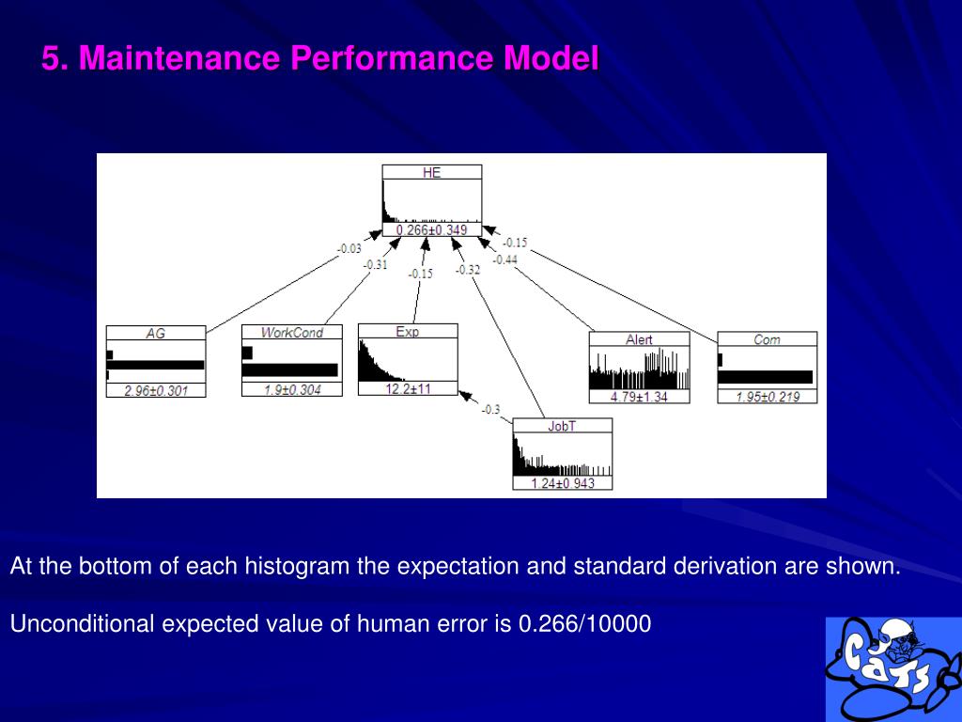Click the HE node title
431,173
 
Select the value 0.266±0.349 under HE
431,230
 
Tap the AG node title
155,333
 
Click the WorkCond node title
292,332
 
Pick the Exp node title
408,331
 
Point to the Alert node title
639,339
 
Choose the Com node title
767,339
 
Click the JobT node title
562,426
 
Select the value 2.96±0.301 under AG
156,390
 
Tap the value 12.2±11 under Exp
408,388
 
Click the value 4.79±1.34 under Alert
639,397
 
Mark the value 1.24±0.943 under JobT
562,483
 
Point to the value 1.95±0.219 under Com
767,397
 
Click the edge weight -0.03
349,249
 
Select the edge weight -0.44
505,259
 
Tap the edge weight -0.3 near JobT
490,409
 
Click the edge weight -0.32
468,270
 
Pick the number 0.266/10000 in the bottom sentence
584,623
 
